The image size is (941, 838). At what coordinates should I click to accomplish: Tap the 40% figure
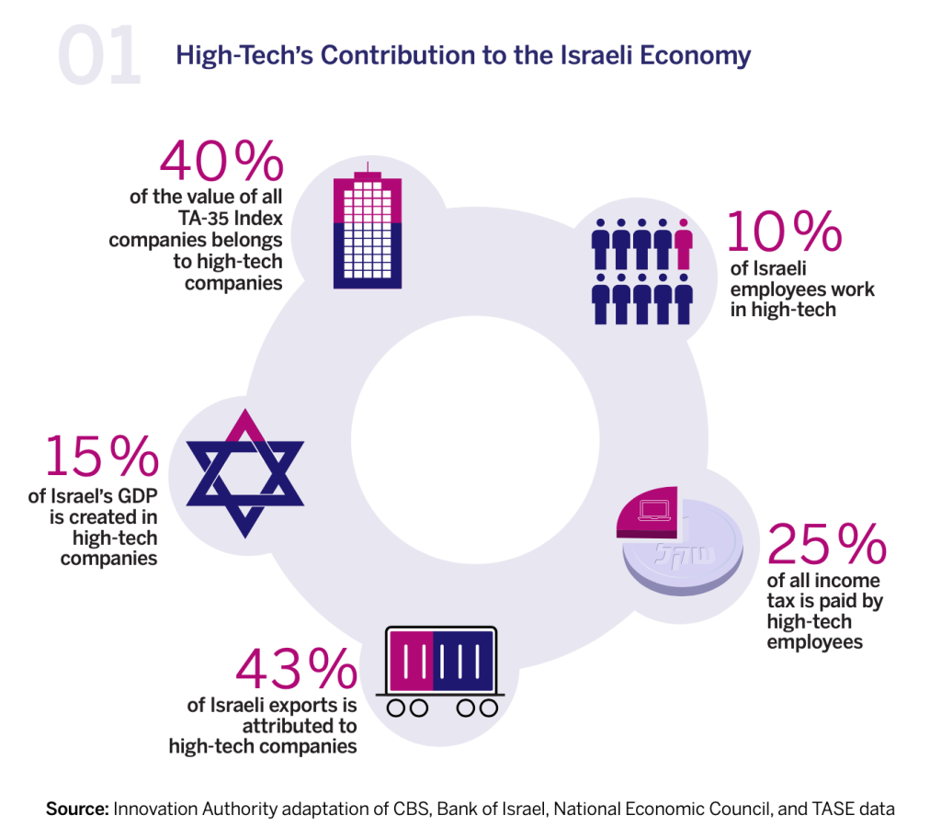click(221, 162)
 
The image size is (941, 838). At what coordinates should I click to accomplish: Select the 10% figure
click(784, 231)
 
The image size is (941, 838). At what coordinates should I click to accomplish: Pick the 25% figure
click(825, 544)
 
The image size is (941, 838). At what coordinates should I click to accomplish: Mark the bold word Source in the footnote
click(77, 810)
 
